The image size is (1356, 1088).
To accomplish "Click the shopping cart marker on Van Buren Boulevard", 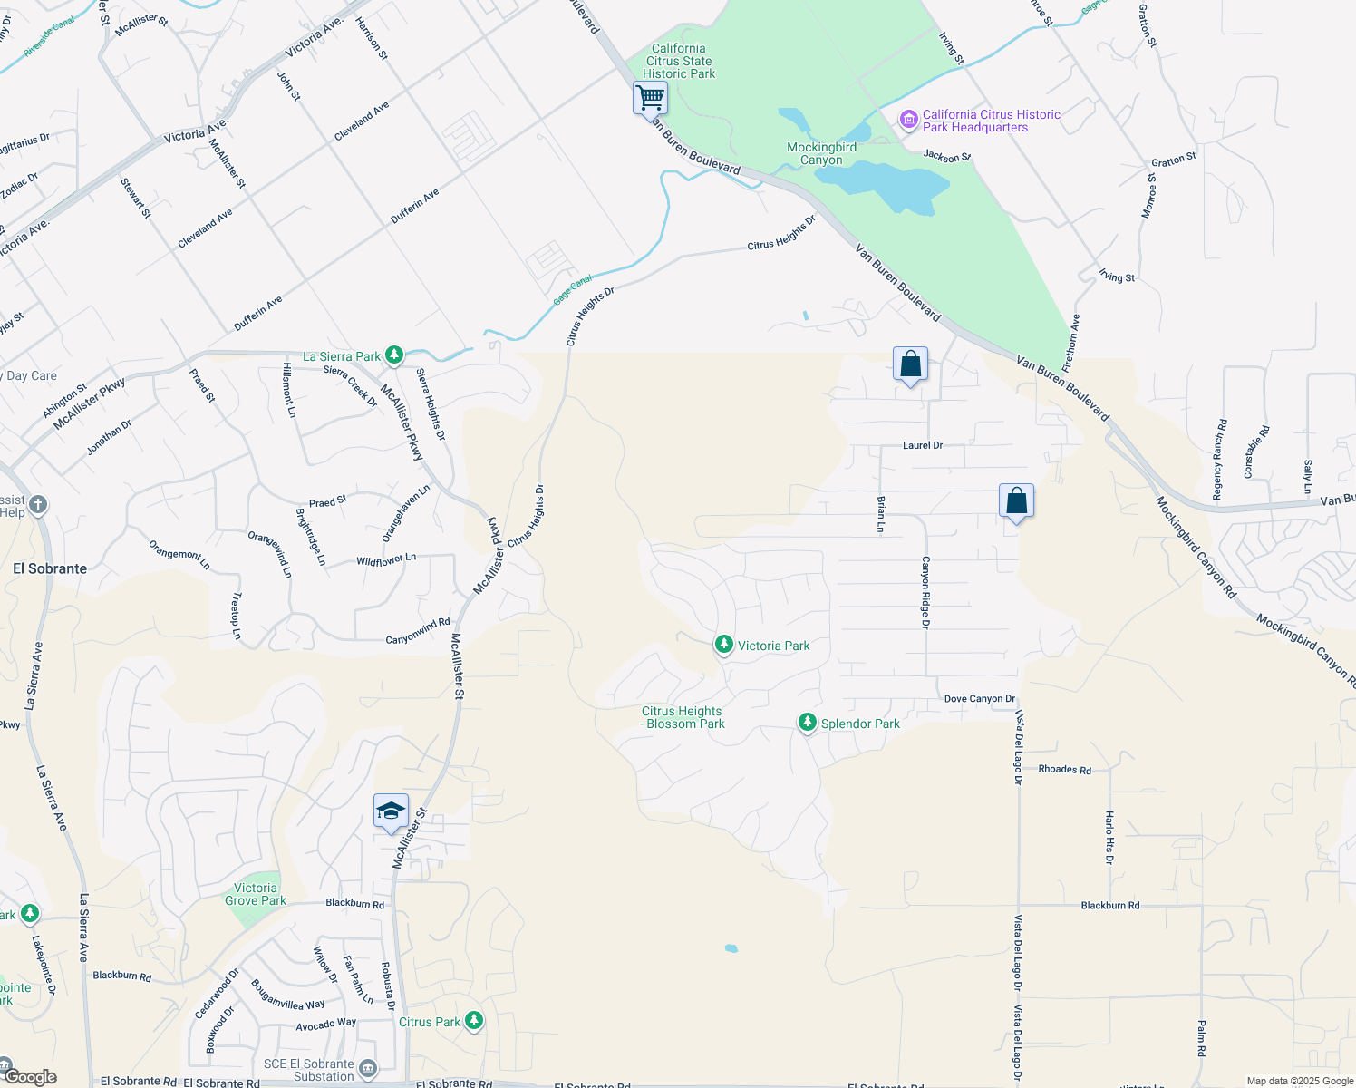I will pos(650,98).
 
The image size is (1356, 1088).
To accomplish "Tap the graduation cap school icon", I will pos(391,811).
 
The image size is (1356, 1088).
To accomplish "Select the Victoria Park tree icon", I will pos(723,645).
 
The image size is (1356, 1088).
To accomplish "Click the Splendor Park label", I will pos(860,724).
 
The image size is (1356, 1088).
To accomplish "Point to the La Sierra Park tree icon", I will pos(394,355).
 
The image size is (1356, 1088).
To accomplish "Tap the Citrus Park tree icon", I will pos(473,1021).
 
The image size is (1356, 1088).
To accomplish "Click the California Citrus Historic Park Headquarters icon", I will pos(908,120).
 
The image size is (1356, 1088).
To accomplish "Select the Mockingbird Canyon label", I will pos(821,153).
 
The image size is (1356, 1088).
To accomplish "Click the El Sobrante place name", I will pos(50,568).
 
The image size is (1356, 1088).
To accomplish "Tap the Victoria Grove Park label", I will pos(256,894).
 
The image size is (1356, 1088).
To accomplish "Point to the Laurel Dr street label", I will pos(923,445).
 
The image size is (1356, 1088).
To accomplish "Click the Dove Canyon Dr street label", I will pos(979,699).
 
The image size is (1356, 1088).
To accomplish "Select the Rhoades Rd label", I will pos(1064,770).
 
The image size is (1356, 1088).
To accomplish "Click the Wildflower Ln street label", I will pos(386,560).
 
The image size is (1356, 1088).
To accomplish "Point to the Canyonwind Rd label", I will pos(418,631).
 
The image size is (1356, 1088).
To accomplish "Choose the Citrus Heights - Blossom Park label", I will pos(683,717).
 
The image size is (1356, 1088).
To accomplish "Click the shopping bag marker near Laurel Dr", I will pos(910,365).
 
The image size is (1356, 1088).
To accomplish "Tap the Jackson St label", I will pos(947,157).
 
